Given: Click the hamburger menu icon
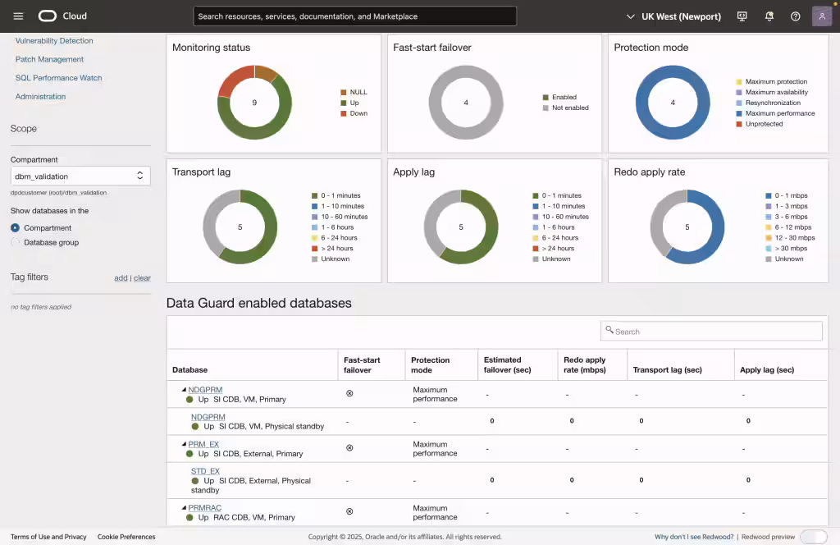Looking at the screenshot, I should pos(18,16).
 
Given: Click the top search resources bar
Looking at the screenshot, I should pos(354,16).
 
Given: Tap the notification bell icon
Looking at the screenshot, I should pos(769,16).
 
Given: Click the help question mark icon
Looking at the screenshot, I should pos(795,16).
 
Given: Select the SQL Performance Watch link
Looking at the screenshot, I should pos(58,78).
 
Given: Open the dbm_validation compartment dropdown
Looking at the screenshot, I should pos(80,176).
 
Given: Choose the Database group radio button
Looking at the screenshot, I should pos(16,242).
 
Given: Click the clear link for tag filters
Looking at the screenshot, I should pos(142,278).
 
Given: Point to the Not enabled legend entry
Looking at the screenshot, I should pos(569,108).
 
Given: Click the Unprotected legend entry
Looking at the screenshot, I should pos(764,124).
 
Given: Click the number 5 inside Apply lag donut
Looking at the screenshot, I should pos(460,227).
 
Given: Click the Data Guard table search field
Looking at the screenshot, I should pos(711,331).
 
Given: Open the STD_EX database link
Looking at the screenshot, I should pos(205,471).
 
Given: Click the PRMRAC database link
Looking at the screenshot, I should pos(205,507).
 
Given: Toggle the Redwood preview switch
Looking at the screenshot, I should pos(813,537).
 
